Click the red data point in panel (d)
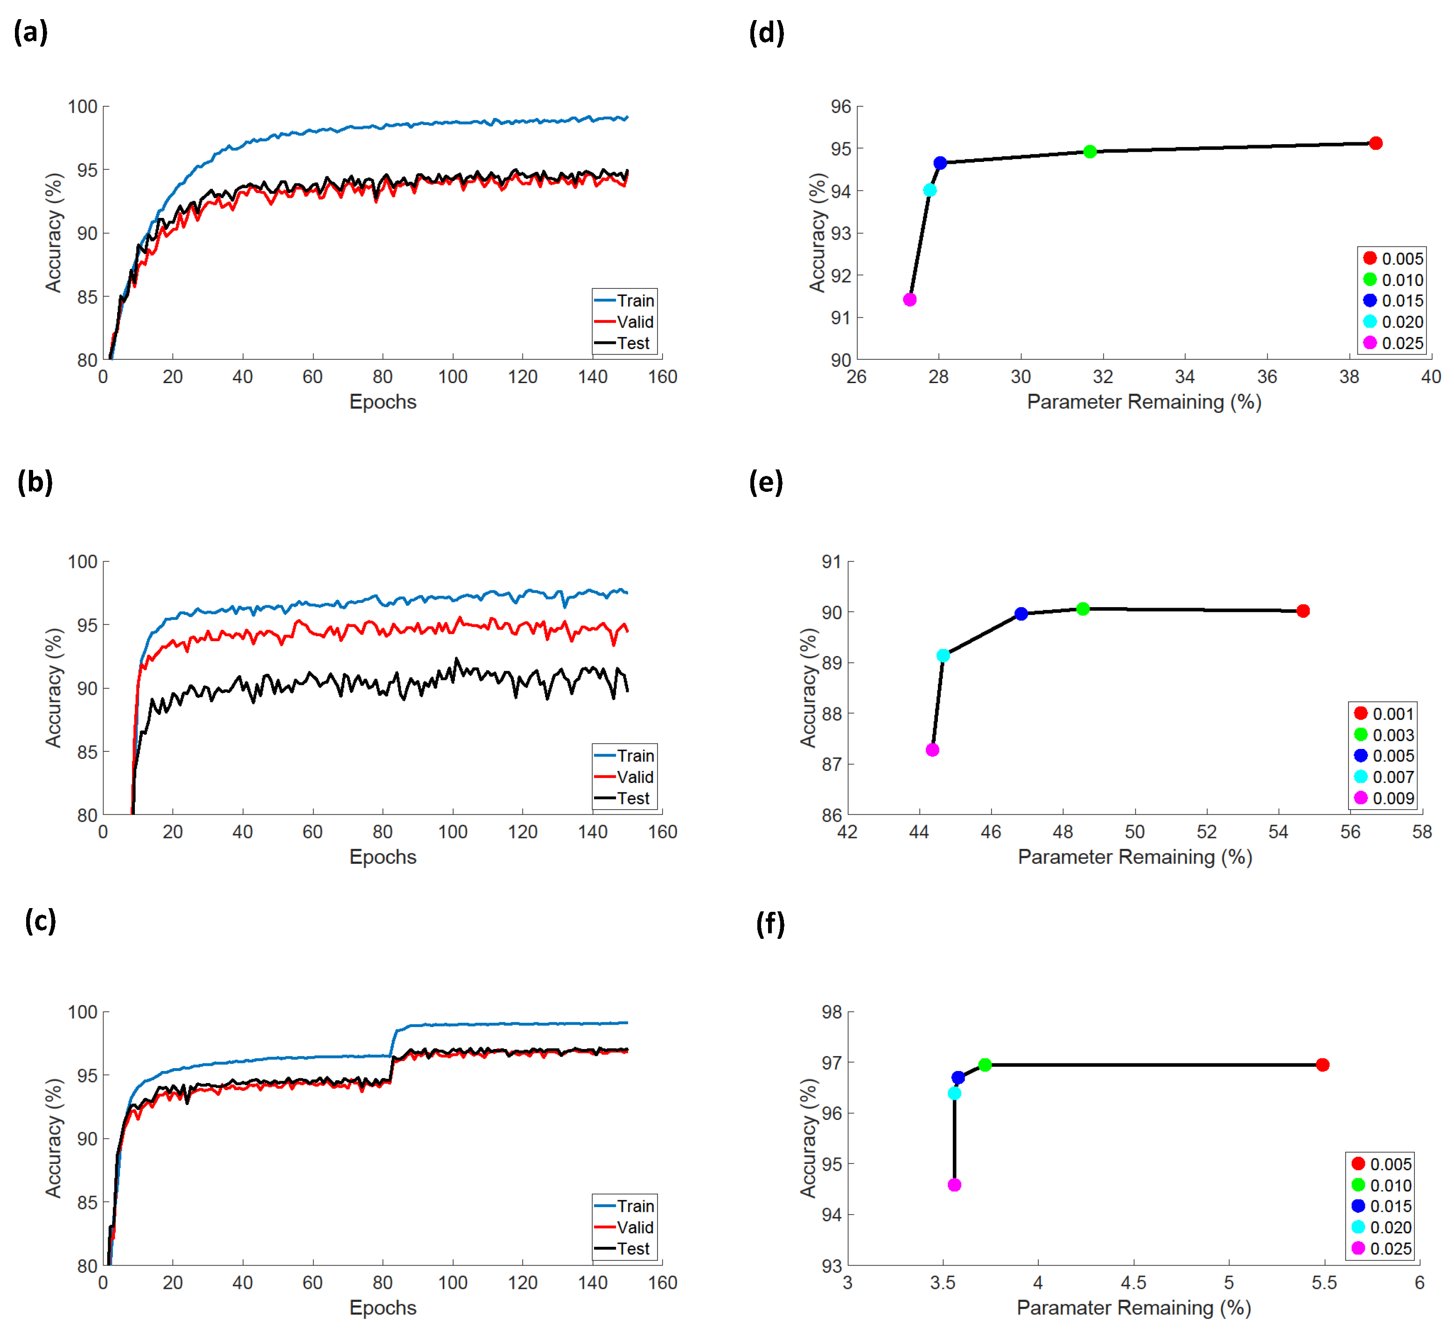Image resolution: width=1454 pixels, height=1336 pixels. pyautogui.click(x=1375, y=143)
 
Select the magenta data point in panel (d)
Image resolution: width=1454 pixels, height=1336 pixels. pyautogui.click(x=909, y=299)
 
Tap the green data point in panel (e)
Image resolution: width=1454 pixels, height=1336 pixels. pyautogui.click(x=1083, y=609)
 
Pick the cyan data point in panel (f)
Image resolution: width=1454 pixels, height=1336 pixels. pyautogui.click(x=954, y=1093)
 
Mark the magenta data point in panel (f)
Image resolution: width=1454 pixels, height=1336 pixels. pyautogui.click(x=954, y=1185)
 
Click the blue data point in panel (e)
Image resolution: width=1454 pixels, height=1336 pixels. pyautogui.click(x=1021, y=614)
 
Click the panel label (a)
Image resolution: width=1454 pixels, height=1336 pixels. pyautogui.click(x=30, y=33)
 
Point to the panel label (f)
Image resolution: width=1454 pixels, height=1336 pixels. pyautogui.click(x=769, y=924)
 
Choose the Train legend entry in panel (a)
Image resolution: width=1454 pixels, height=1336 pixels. pyautogui.click(x=625, y=300)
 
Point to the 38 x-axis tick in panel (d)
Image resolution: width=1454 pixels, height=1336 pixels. pyautogui.click(x=1349, y=377)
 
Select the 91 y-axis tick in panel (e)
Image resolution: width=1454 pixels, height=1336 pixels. pyautogui.click(x=832, y=562)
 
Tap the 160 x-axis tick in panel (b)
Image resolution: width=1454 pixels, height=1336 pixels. pyautogui.click(x=662, y=832)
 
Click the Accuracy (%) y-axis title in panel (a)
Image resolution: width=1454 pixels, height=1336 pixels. pyautogui.click(x=54, y=233)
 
